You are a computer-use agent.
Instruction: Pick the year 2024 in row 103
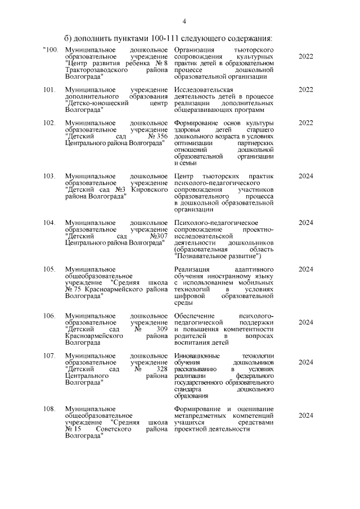(x=306, y=176)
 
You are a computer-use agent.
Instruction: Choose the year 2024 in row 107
(x=306, y=362)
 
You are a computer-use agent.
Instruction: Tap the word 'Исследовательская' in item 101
(x=202, y=90)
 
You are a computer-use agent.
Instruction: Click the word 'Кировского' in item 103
(x=150, y=191)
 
